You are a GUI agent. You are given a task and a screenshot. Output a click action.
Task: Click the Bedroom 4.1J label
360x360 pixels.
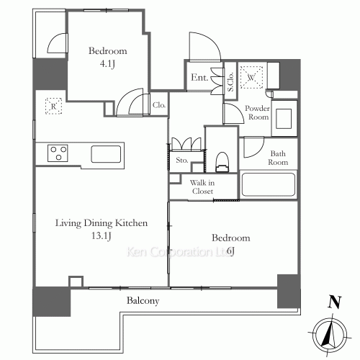click(x=107, y=57)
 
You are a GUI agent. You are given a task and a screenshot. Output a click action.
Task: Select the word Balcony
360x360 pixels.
click(x=143, y=300)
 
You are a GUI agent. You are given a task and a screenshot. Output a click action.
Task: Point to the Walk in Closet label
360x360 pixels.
click(x=202, y=187)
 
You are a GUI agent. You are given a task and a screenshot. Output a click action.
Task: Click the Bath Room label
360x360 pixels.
click(x=279, y=157)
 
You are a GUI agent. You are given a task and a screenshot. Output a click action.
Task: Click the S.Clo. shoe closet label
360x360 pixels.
click(x=230, y=83)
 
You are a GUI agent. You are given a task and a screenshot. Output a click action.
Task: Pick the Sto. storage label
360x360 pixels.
click(x=181, y=160)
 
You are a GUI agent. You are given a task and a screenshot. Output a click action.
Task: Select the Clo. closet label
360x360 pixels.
click(x=159, y=105)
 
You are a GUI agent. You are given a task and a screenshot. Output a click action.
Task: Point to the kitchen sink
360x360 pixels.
click(x=106, y=153)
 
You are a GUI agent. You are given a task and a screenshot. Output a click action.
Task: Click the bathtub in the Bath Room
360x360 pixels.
click(x=269, y=185)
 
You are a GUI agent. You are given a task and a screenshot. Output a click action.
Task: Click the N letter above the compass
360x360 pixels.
click(x=333, y=303)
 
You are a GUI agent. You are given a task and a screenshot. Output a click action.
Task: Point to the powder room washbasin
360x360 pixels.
click(x=284, y=117)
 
